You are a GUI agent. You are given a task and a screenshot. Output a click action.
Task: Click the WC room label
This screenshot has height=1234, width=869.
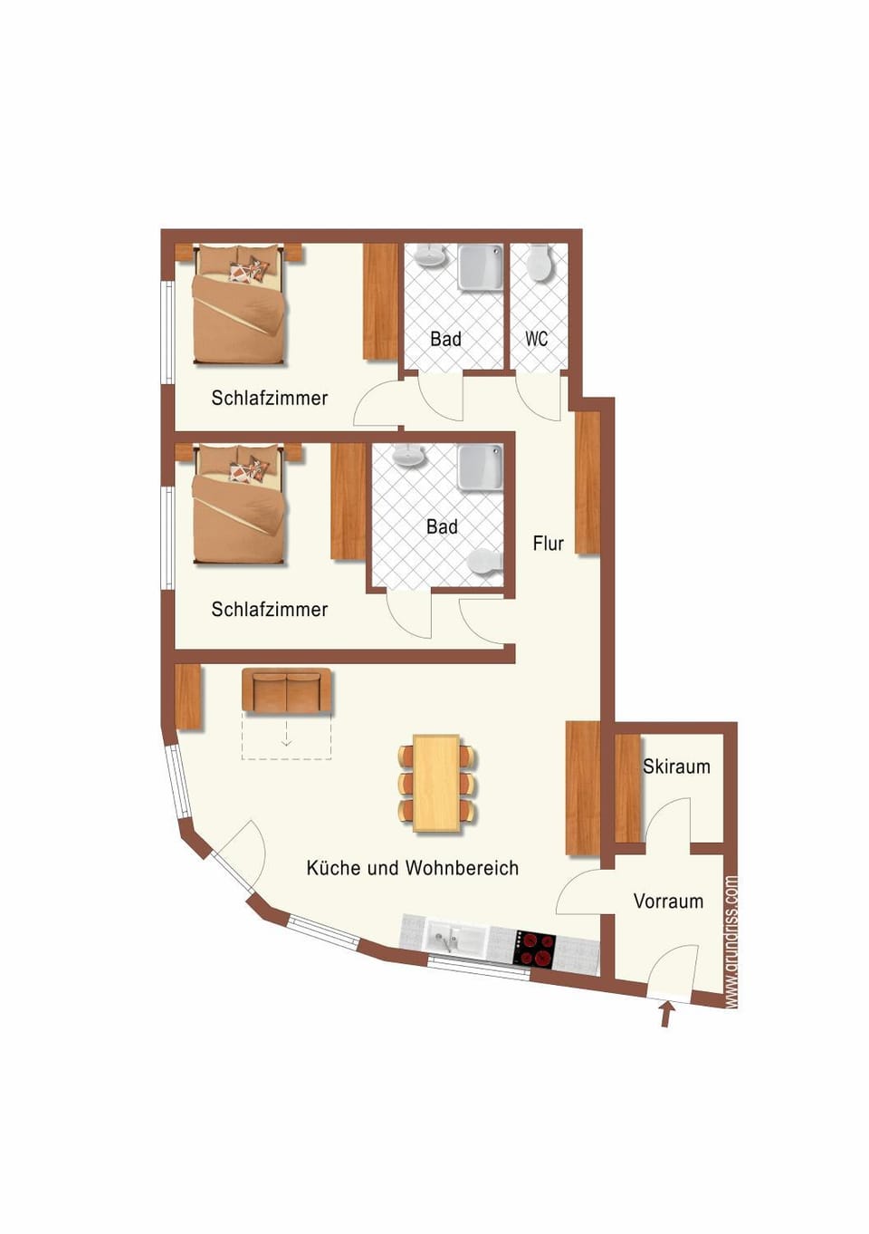point(536,339)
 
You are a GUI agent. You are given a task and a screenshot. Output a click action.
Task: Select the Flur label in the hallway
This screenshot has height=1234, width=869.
point(549,544)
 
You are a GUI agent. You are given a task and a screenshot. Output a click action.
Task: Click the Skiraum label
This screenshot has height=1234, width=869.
point(676,766)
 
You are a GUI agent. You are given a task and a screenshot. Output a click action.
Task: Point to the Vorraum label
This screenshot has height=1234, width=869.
point(668,901)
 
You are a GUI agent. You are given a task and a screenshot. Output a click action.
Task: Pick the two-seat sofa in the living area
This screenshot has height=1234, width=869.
point(286,691)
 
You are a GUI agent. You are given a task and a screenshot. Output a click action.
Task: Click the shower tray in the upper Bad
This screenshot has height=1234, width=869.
point(481,266)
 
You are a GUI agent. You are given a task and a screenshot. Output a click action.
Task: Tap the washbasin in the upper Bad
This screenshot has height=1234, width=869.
point(432,255)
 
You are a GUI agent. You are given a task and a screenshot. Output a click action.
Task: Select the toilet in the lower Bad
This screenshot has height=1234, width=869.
point(485,563)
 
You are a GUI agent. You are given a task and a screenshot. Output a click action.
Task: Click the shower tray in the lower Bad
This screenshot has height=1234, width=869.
point(481,468)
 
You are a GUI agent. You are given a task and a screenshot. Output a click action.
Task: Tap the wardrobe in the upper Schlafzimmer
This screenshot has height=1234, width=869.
point(380,303)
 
